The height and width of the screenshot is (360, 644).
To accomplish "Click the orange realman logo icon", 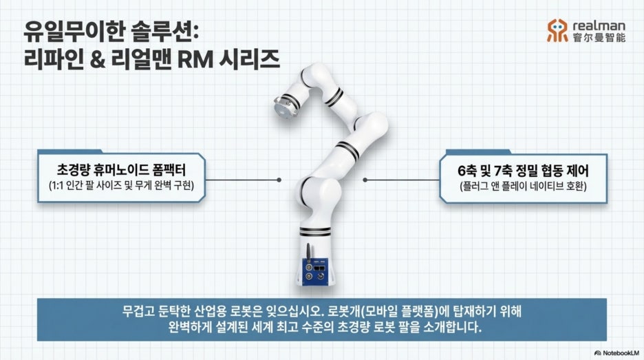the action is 557,30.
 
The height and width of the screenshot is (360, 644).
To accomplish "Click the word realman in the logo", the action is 599,25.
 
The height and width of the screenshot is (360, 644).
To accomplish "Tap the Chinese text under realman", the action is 599,37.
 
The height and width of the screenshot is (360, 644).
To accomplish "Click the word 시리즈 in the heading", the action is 250,59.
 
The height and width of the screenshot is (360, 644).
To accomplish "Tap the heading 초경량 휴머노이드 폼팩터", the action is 121,170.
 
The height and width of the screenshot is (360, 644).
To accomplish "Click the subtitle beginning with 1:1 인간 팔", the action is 121,186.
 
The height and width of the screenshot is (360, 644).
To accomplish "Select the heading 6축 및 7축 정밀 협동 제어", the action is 523,170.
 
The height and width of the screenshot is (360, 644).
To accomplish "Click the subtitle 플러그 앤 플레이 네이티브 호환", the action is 523,186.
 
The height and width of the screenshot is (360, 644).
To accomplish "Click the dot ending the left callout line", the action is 279,180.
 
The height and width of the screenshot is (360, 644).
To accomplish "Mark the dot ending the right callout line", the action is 365,180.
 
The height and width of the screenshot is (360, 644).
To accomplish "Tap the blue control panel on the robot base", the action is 315,272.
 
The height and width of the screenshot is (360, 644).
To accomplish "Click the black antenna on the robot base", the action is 308,251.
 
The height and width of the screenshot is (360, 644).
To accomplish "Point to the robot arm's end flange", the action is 282,107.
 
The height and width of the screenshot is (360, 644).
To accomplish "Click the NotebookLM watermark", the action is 617,353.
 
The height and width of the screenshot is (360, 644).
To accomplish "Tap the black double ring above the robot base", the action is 315,231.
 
